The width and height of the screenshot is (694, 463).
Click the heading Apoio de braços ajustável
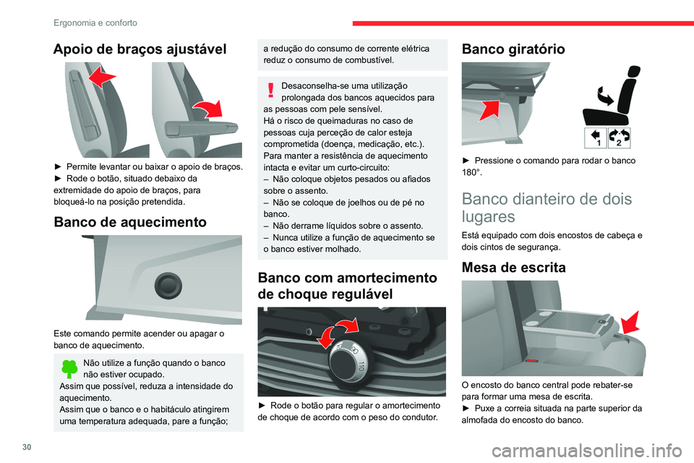tap(140, 49)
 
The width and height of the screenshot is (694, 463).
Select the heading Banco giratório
tap(515, 49)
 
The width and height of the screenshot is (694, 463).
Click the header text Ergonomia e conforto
tap(95, 22)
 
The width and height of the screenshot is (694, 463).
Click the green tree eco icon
tap(69, 369)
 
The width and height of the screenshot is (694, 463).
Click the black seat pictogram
tap(610, 94)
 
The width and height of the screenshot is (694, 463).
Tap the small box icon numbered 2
tap(619, 137)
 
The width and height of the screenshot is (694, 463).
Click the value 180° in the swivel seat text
tap(471, 173)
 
